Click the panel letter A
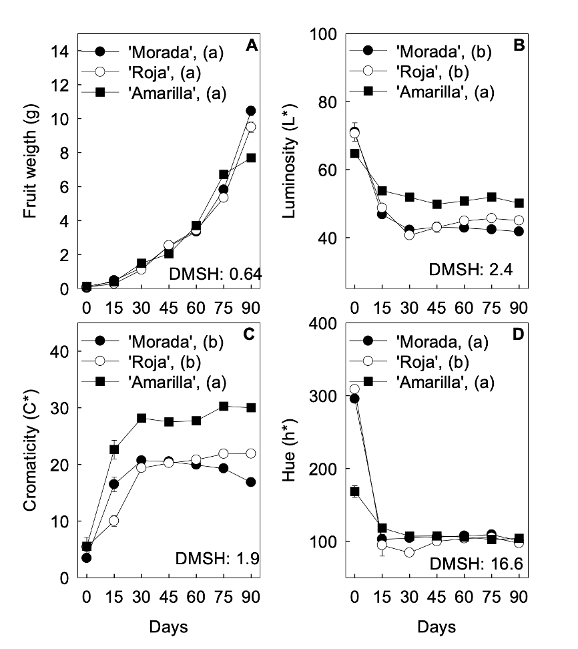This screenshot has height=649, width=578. point(252,45)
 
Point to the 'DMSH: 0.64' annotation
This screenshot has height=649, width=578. point(224,274)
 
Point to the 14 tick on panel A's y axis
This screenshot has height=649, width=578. point(58,51)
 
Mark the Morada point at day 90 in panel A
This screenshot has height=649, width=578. point(251,111)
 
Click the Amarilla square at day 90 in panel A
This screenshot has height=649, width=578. point(251,158)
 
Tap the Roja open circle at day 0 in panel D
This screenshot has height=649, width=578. point(354,389)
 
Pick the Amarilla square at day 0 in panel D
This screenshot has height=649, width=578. point(354,491)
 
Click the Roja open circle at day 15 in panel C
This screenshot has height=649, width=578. point(113,520)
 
